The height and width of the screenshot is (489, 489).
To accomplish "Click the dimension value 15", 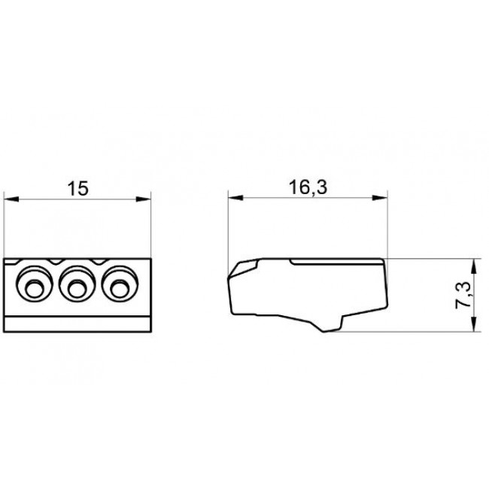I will coord(77,188).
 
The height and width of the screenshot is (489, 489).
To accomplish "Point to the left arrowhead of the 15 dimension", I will coord(11,199).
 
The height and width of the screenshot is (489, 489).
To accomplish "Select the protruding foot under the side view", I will coord(331,324).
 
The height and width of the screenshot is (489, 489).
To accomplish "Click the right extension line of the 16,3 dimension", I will coord(388,226).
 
